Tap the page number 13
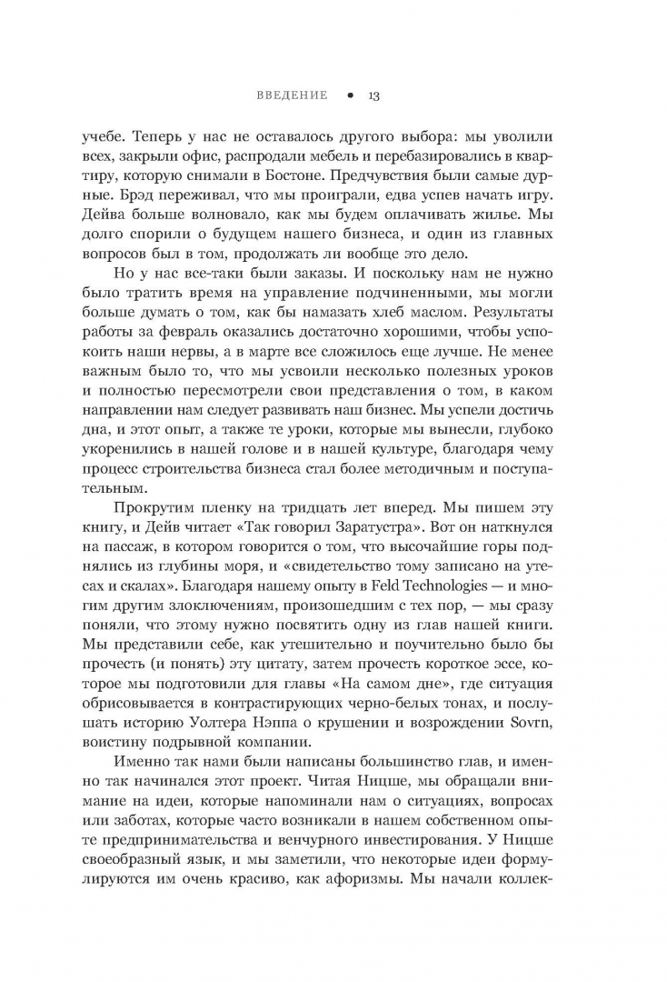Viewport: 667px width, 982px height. pos(373,95)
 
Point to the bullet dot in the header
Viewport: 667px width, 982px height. pos(348,95)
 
